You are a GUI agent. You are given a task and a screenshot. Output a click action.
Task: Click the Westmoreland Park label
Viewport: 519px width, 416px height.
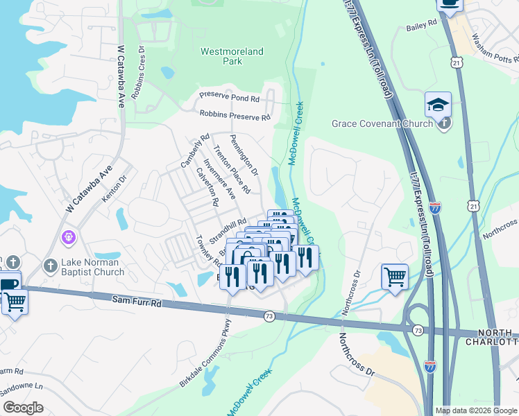coord(222,56)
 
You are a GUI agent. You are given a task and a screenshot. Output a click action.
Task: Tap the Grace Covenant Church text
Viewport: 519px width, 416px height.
coord(382,123)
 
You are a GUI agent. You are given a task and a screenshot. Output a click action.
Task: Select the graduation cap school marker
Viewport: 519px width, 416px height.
coord(438,105)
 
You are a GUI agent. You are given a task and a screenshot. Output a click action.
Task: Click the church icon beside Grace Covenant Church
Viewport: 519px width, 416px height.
coord(444,123)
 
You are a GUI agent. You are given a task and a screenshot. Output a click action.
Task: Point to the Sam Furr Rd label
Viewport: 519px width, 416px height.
coord(136,303)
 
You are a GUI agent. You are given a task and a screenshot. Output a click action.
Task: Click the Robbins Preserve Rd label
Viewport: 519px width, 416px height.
coord(235,116)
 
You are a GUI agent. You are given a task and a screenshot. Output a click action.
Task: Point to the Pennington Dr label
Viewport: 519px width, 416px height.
coord(244,155)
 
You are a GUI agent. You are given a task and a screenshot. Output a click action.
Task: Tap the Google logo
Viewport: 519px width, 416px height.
coord(24,407)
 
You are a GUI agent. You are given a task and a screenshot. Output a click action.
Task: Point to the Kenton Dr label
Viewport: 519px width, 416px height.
coord(115,187)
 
